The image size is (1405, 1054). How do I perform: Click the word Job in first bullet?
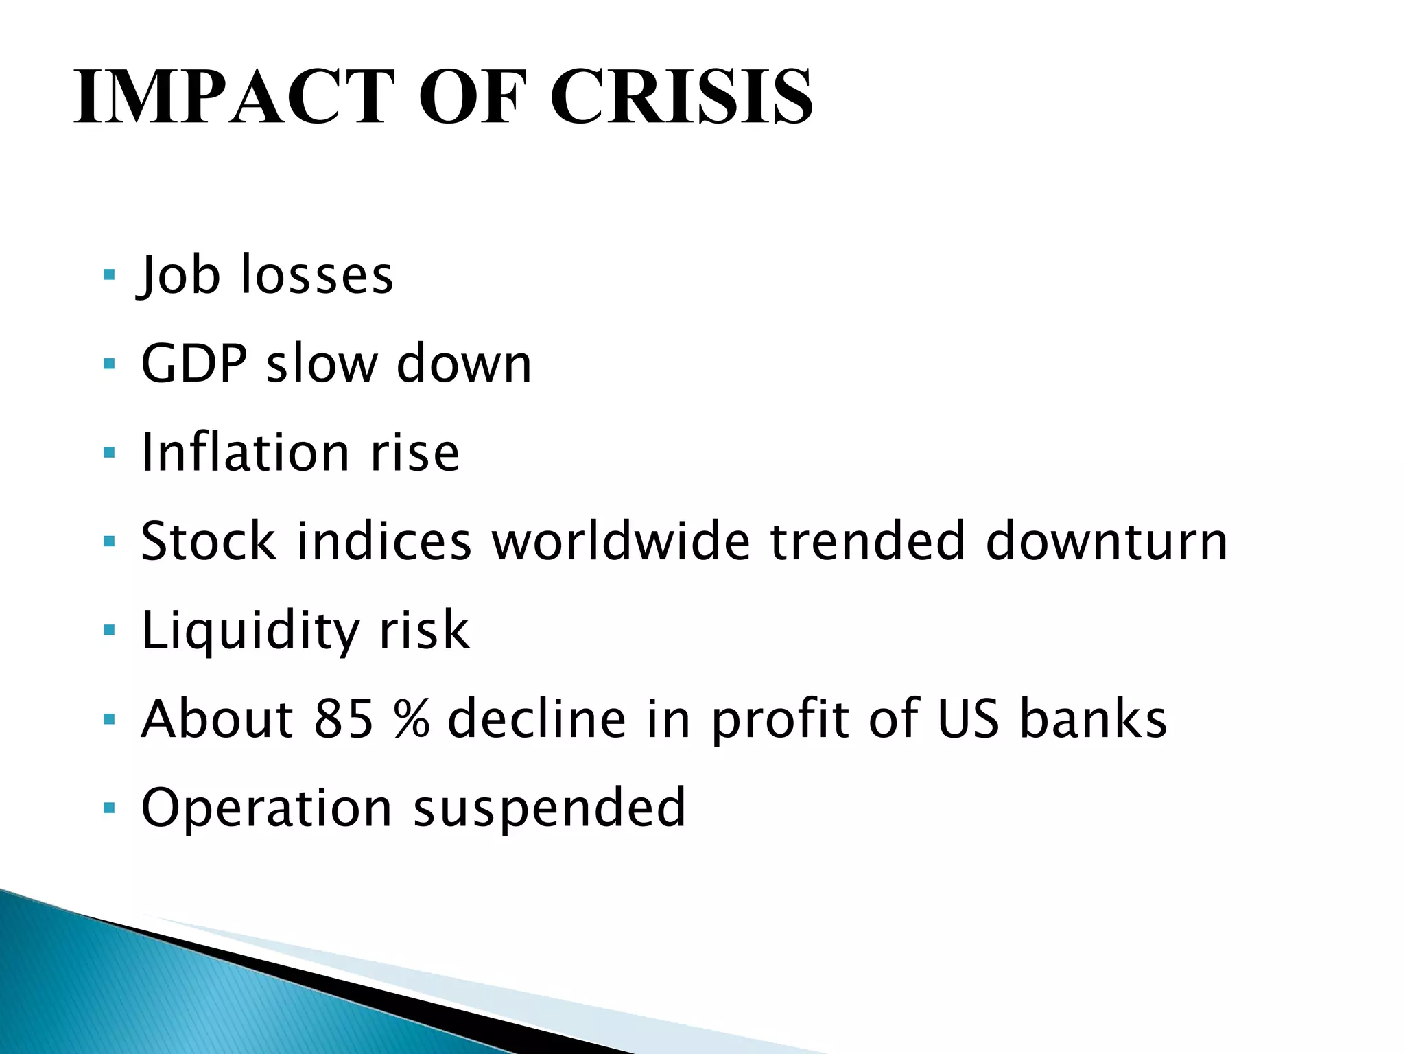pyautogui.click(x=180, y=275)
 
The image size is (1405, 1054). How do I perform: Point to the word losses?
pyautogui.click(x=317, y=275)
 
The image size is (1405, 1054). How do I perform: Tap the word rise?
pyautogui.click(x=415, y=454)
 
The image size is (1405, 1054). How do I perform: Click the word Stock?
pyautogui.click(x=209, y=541)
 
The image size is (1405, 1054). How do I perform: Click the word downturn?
pyautogui.click(x=1106, y=541)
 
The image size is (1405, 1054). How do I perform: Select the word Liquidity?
pyautogui.click(x=250, y=631)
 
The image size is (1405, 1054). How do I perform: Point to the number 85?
pyautogui.click(x=344, y=719)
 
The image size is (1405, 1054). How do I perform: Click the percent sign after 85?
pyautogui.click(x=412, y=719)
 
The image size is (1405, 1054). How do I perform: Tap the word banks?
pyautogui.click(x=1093, y=719)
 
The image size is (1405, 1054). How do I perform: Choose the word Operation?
pyautogui.click(x=266, y=808)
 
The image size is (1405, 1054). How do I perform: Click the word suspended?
pyautogui.click(x=549, y=808)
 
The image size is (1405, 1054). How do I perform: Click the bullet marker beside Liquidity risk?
pyautogui.click(x=108, y=630)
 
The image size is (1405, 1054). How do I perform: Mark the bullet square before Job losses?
pyautogui.click(x=108, y=274)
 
